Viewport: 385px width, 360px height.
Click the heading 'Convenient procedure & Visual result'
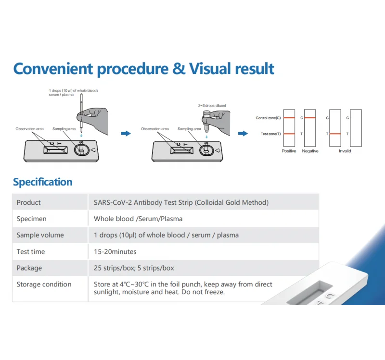click(x=143, y=68)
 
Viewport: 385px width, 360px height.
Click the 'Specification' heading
click(x=42, y=182)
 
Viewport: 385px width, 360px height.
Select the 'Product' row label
click(x=29, y=202)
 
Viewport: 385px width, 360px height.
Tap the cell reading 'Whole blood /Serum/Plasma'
click(x=138, y=219)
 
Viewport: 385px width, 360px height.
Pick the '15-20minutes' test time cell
click(x=115, y=251)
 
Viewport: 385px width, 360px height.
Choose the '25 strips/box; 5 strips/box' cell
click(x=134, y=268)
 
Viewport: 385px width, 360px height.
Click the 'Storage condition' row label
click(x=44, y=284)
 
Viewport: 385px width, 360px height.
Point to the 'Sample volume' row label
click(x=40, y=235)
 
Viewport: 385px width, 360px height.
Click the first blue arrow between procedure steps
click(x=126, y=134)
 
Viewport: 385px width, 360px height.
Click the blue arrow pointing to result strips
click(x=244, y=134)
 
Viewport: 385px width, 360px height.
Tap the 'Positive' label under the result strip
click(x=289, y=151)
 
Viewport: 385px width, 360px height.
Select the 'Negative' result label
click(x=310, y=151)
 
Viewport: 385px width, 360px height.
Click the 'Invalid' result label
click(x=345, y=151)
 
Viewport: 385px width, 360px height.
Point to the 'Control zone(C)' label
click(x=268, y=118)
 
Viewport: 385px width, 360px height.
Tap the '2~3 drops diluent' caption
click(x=212, y=105)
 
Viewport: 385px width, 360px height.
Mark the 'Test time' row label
click(x=30, y=251)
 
